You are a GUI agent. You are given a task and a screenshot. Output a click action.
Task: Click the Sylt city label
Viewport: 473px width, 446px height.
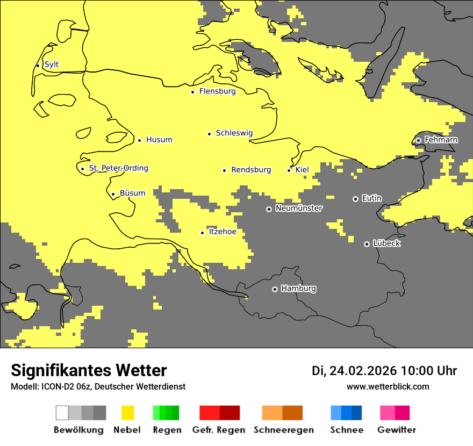pyautogui.click(x=52, y=64)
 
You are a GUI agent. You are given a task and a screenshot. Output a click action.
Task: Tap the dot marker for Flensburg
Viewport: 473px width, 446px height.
pyautogui.click(x=192, y=92)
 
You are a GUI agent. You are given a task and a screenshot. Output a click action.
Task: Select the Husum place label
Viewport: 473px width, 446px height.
pyautogui.click(x=159, y=140)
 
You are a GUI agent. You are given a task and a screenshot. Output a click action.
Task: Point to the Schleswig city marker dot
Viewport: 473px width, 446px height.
pyautogui.click(x=209, y=134)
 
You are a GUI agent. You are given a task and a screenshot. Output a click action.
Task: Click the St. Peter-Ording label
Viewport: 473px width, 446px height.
pyautogui.click(x=118, y=168)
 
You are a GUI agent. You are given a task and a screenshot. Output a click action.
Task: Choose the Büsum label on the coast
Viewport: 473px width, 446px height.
pyautogui.click(x=132, y=193)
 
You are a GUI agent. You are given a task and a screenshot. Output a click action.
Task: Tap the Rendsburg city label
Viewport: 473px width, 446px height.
pyautogui.click(x=250, y=170)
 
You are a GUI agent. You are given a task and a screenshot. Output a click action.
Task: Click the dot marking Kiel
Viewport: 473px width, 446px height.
pyautogui.click(x=289, y=170)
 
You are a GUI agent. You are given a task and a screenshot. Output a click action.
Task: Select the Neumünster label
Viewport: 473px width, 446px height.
pyautogui.click(x=299, y=208)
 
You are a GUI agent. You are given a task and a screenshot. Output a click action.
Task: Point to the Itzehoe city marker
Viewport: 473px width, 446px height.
pyautogui.click(x=202, y=233)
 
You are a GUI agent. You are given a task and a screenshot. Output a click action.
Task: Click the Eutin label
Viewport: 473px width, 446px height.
pyautogui.click(x=371, y=198)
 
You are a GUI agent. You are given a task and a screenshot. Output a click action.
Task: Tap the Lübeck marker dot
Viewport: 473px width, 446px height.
pyautogui.click(x=367, y=244)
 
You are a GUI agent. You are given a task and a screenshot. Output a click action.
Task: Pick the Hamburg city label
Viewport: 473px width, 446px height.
pyautogui.click(x=298, y=289)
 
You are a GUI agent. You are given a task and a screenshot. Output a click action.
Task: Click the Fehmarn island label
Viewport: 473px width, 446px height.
pyautogui.click(x=441, y=140)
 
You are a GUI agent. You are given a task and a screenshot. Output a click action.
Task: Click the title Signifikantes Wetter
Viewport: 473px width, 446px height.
pyautogui.click(x=89, y=370)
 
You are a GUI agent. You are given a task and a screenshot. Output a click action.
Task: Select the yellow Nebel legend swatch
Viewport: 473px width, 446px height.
pyautogui.click(x=127, y=413)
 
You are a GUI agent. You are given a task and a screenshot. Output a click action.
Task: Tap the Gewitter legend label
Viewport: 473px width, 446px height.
pyautogui.click(x=396, y=430)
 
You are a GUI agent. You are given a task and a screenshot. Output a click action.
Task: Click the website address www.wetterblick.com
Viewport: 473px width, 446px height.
pyautogui.click(x=388, y=386)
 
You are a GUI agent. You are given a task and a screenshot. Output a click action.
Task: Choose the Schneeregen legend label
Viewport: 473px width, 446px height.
pyautogui.click(x=283, y=430)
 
